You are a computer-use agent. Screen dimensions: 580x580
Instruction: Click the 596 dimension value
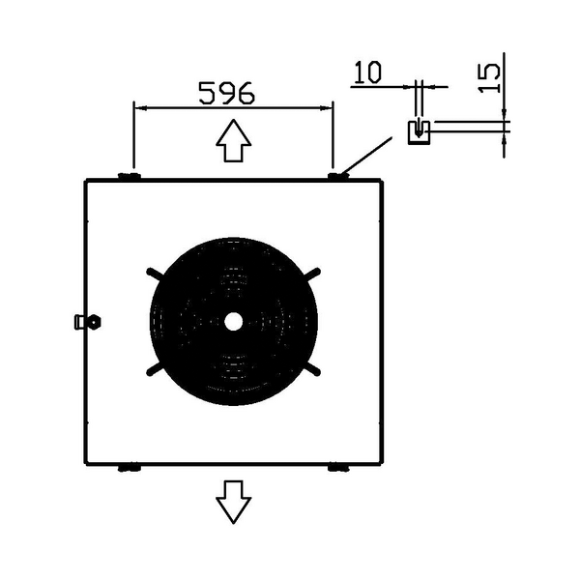pyautogui.click(x=227, y=93)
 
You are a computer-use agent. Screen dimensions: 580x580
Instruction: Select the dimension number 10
pyautogui.click(x=367, y=72)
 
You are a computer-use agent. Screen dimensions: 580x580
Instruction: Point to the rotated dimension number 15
pyautogui.click(x=489, y=78)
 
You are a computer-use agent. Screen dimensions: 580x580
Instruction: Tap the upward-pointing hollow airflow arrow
pyautogui.click(x=234, y=140)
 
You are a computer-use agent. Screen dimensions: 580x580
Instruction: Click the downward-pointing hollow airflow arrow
pyautogui.click(x=234, y=502)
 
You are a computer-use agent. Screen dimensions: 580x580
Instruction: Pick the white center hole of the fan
pyautogui.click(x=233, y=322)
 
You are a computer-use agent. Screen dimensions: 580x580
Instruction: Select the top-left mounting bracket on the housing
pyautogui.click(x=130, y=176)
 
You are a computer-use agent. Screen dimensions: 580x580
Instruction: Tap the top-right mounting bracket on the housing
pyautogui.click(x=338, y=176)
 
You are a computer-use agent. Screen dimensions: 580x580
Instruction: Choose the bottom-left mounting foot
pyautogui.click(x=130, y=468)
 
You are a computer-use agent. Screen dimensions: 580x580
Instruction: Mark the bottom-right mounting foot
pyautogui.click(x=338, y=468)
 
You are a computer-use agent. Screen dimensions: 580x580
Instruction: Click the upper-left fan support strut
pyautogui.click(x=155, y=274)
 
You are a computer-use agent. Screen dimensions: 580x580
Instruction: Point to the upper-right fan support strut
pyautogui.click(x=312, y=274)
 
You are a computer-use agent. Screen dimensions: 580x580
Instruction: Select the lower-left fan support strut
pyautogui.click(x=155, y=369)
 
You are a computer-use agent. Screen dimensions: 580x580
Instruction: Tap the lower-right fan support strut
pyautogui.click(x=312, y=369)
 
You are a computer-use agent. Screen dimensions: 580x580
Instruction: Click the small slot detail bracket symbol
pyautogui.click(x=419, y=132)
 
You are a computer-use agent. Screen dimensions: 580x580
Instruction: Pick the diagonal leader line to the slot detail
pyautogui.click(x=366, y=156)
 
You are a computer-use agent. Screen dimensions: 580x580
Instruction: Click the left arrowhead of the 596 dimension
pyautogui.click(x=141, y=108)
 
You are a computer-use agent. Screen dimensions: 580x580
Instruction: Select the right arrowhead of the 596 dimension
pyautogui.click(x=326, y=108)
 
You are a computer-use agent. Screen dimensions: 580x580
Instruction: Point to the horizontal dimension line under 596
pyautogui.click(x=233, y=108)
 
